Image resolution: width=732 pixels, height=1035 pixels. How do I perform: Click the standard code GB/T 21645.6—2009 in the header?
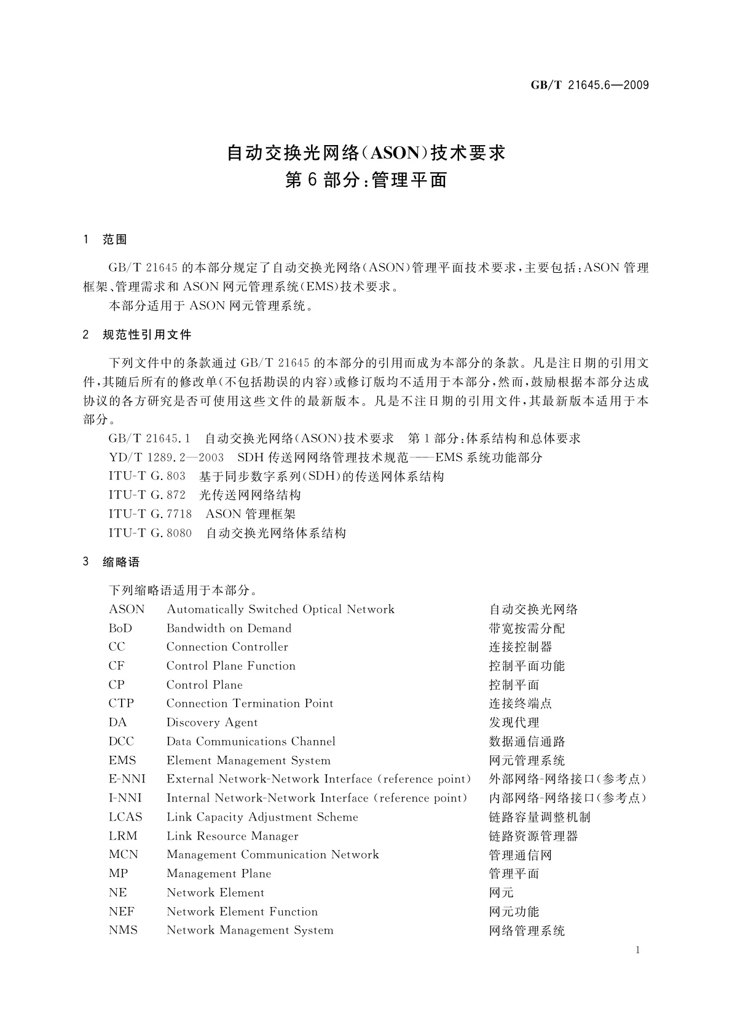pos(589,85)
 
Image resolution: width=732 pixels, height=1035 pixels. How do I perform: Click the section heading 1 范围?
pos(105,240)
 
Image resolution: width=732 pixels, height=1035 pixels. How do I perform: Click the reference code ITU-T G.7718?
pos(150,514)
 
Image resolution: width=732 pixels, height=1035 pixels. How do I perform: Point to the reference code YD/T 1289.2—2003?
pos(166,457)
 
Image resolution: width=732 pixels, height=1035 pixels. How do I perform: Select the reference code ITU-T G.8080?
pos(150,533)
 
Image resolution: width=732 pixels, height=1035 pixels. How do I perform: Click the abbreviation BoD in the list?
pos(120,628)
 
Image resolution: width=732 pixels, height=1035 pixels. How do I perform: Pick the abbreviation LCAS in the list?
pos(125,817)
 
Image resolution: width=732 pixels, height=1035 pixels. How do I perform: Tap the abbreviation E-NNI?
pos(127,779)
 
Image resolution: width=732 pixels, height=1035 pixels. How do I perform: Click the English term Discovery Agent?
pos(212,723)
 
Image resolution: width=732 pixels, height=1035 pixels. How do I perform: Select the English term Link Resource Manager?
pos(232,836)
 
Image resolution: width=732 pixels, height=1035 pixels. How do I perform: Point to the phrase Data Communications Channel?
pos(251,741)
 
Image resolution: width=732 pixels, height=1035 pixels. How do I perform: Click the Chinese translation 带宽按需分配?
pos(527,628)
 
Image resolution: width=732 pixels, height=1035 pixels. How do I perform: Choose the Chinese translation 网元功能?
pos(514,911)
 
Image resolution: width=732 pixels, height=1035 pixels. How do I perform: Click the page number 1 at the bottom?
pos(637,950)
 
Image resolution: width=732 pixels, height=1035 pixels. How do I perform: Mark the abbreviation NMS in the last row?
pos(123,931)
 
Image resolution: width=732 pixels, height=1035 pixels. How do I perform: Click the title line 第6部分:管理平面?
pos(366,180)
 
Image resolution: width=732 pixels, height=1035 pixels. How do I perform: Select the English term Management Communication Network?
pos(272,855)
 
